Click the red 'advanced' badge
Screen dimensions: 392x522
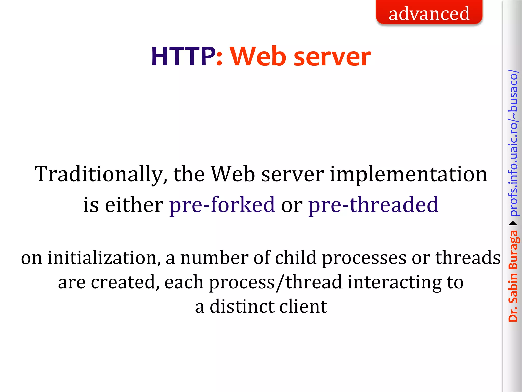[429, 13]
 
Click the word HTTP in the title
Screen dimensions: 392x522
[183, 57]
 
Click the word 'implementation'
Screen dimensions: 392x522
[408, 175]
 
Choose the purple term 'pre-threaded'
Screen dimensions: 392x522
[373, 205]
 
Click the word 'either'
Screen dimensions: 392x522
[134, 205]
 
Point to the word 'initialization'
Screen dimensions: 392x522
[104, 258]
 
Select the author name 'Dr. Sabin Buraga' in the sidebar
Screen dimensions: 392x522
[513, 276]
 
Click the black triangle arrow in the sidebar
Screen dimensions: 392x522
[513, 224]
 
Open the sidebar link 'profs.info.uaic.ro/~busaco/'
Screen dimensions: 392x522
[513, 143]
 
